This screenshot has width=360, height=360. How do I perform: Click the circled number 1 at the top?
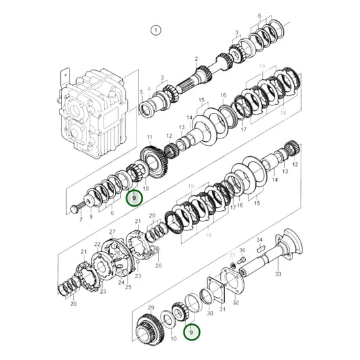(157, 30)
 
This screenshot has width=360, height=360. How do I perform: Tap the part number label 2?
(196, 59)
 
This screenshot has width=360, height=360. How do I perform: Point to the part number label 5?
(141, 91)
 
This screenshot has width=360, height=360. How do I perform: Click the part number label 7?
(80, 220)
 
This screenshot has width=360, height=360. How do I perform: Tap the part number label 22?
(97, 244)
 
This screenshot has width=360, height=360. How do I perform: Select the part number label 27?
(113, 232)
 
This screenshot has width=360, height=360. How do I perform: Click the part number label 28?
(159, 266)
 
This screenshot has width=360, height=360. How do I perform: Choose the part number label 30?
(209, 313)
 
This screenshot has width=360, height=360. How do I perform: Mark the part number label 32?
(236, 303)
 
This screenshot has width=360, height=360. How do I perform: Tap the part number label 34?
(259, 240)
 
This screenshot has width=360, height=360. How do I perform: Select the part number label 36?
(242, 251)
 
